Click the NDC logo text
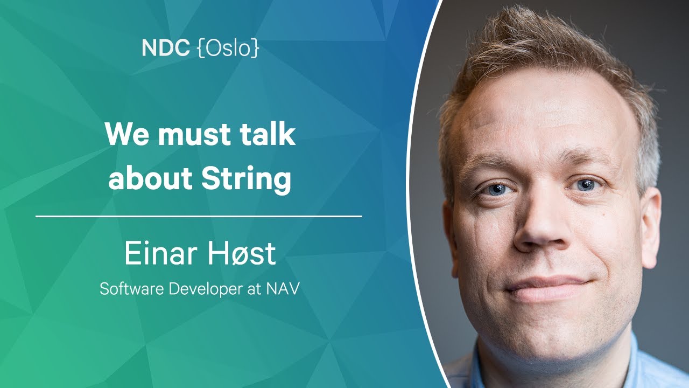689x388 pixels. [x=165, y=48]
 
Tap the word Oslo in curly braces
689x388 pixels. [x=228, y=48]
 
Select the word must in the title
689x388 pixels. [x=194, y=135]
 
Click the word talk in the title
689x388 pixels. [x=268, y=133]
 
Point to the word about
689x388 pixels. [x=150, y=178]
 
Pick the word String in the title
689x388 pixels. [x=246, y=181]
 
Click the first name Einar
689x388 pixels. [x=160, y=253]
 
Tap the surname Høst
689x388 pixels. [x=241, y=253]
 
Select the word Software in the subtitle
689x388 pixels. [x=131, y=289]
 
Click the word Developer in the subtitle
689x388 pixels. [x=206, y=289]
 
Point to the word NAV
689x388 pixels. [x=283, y=289]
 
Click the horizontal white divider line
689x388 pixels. [x=199, y=216]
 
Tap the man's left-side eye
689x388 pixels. [x=496, y=189]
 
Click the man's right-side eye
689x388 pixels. [x=585, y=184]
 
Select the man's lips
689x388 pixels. [x=547, y=288]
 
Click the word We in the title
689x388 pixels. [x=126, y=135]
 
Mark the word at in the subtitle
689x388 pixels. [x=254, y=289]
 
